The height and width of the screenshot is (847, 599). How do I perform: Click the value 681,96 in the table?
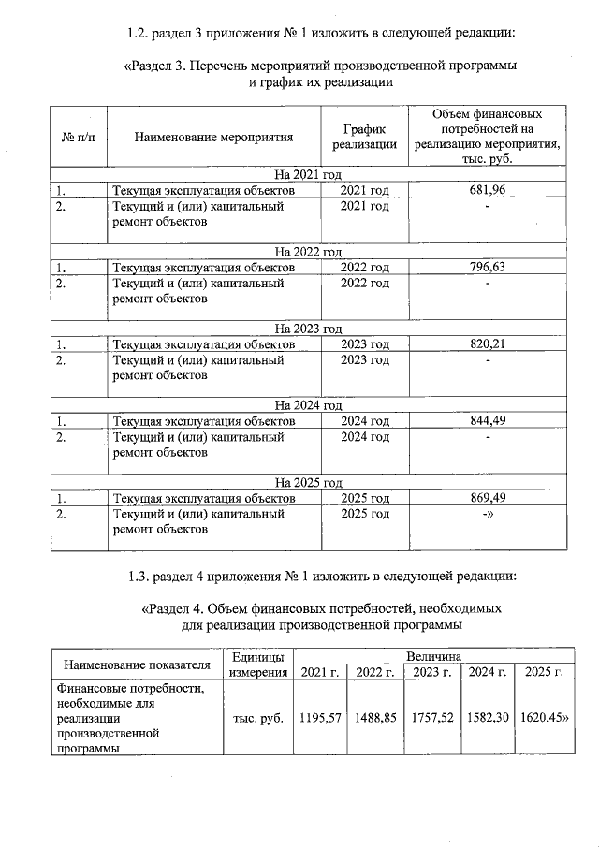[x=487, y=190]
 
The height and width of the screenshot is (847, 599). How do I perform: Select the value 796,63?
[x=487, y=267]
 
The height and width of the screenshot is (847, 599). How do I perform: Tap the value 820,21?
[x=487, y=343]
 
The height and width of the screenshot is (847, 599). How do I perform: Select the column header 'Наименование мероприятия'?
[x=213, y=137]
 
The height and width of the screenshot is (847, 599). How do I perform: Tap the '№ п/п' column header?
[x=79, y=137]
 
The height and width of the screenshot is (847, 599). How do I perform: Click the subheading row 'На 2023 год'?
[x=308, y=329]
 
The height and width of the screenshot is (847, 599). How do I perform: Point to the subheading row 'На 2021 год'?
[x=308, y=175]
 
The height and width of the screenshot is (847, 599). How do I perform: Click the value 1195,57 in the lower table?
[x=319, y=718]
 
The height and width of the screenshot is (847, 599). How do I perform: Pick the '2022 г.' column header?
[x=375, y=672]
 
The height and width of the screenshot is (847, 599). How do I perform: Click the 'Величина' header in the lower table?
[x=432, y=657]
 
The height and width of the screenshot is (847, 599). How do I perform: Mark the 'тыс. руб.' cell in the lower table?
[x=257, y=718]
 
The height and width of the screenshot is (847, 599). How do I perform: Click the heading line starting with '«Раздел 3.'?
[x=320, y=66]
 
